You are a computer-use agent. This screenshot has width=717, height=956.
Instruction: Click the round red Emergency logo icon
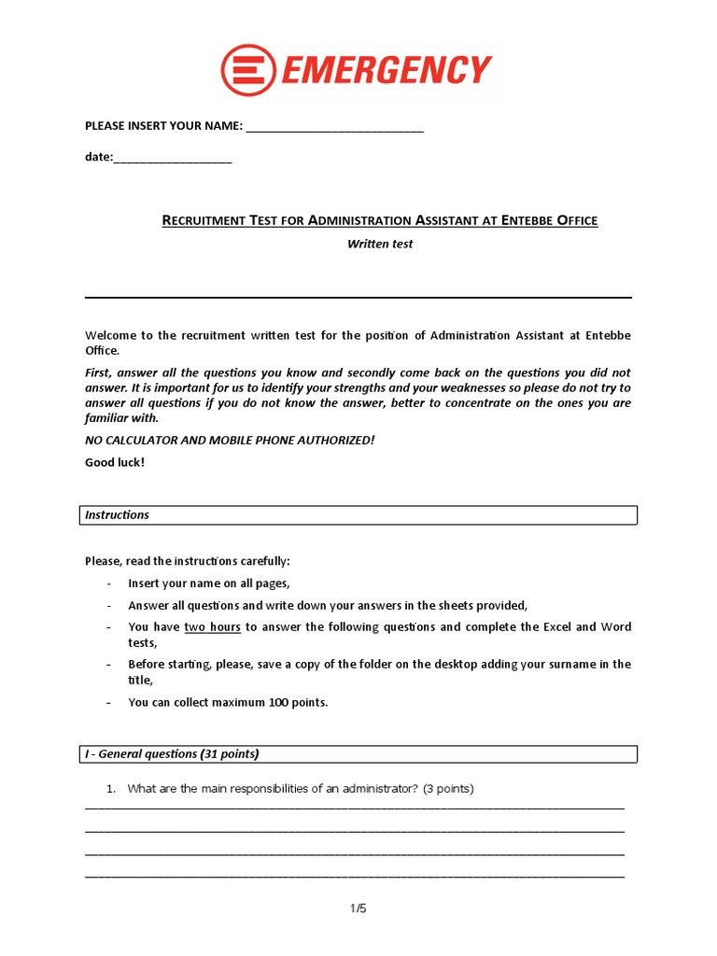tap(247, 71)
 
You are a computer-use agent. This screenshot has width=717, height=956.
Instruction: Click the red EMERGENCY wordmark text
tap(386, 71)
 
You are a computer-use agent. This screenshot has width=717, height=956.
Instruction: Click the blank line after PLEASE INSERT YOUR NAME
tap(334, 128)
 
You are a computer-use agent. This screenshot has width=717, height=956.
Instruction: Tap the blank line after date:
tap(173, 160)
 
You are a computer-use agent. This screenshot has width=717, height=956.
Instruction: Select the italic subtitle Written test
tap(380, 244)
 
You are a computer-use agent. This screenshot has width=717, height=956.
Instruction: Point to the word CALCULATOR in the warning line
tap(145, 440)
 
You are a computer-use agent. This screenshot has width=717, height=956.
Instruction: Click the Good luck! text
tap(115, 462)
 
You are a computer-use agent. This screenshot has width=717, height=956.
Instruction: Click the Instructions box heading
tap(117, 514)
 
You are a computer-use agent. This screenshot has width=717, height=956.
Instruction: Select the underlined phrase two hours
tap(212, 626)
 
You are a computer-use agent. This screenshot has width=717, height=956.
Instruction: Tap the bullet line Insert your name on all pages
tap(209, 583)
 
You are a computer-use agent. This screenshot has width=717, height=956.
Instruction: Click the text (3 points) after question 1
tap(448, 789)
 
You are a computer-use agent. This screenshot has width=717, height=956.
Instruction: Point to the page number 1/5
tap(358, 907)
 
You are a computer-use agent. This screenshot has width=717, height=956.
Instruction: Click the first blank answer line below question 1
tap(355, 808)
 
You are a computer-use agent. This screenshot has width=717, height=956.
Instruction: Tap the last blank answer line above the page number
tap(355, 877)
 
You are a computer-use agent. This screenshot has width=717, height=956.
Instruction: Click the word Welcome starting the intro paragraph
tap(110, 335)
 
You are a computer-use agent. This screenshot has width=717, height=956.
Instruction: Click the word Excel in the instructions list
tap(557, 626)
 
